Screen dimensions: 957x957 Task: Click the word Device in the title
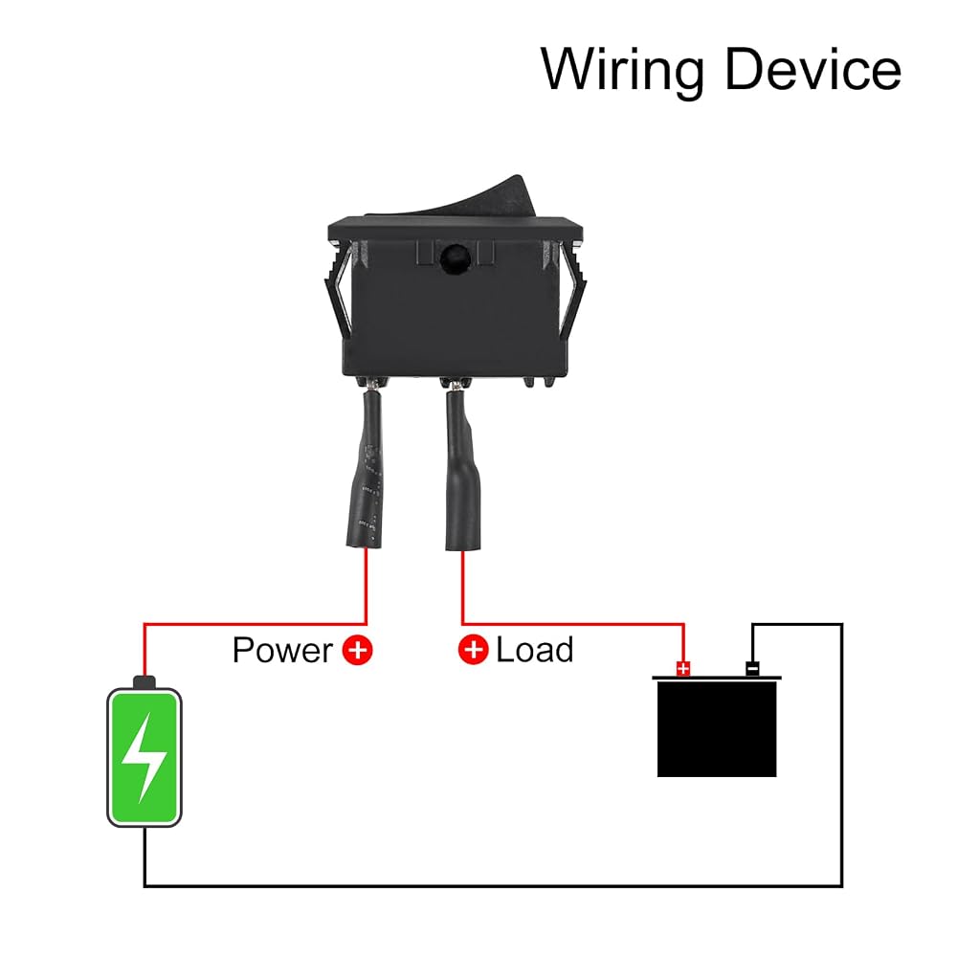812,68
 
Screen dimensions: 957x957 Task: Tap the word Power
282,650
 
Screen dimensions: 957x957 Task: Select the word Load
535,650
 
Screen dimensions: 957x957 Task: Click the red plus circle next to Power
357,650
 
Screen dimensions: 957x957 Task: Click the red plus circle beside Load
473,650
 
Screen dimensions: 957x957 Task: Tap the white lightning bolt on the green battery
144,757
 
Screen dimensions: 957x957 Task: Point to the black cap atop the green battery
145,681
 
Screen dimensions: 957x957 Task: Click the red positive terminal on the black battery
683,668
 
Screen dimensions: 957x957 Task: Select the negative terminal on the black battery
752,669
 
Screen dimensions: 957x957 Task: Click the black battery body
717,728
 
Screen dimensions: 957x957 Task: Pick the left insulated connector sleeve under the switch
365,468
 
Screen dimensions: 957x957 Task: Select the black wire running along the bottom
493,885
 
